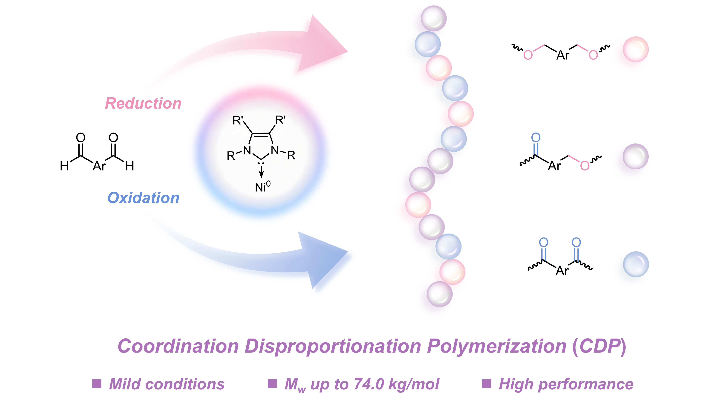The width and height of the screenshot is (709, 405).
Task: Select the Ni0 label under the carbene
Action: coord(262,187)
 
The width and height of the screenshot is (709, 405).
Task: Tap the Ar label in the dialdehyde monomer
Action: coord(99,166)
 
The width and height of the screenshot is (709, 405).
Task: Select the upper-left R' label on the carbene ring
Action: coord(238,120)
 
